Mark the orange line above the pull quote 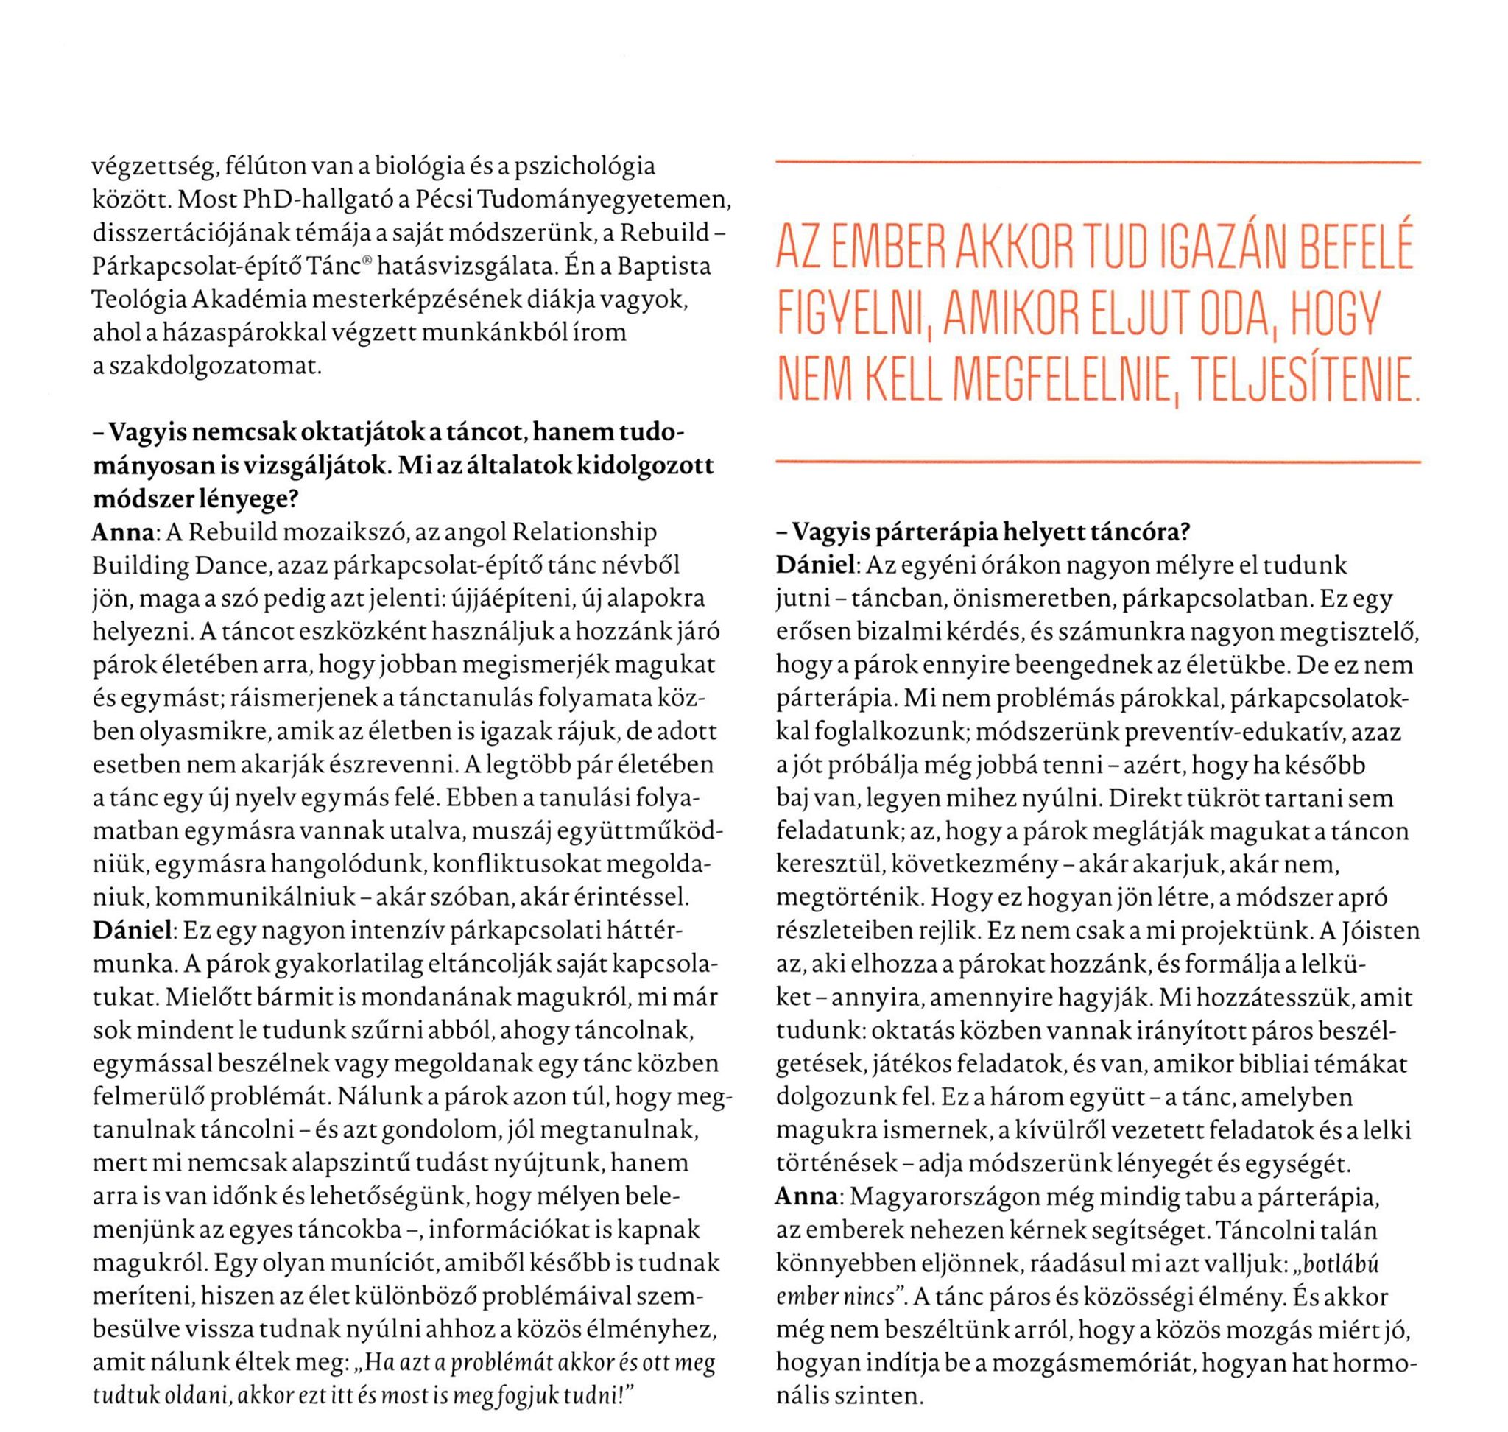click(x=1097, y=163)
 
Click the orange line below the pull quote click(x=1097, y=462)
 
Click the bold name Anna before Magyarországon click(x=806, y=1197)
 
